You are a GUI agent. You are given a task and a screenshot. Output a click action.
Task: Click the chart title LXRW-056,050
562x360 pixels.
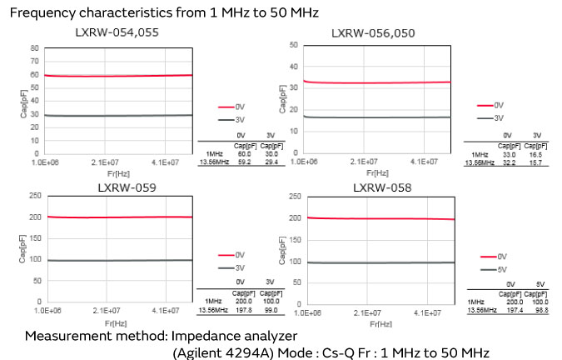[374, 32]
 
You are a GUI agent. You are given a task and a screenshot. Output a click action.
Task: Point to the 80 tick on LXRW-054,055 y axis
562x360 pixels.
[34, 48]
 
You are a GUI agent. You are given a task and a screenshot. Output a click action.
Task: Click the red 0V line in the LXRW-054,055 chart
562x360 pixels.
[117, 76]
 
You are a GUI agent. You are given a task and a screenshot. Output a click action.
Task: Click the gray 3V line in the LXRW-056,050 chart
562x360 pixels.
[375, 117]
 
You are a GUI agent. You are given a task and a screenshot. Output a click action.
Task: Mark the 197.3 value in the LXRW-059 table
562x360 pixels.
[242, 309]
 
